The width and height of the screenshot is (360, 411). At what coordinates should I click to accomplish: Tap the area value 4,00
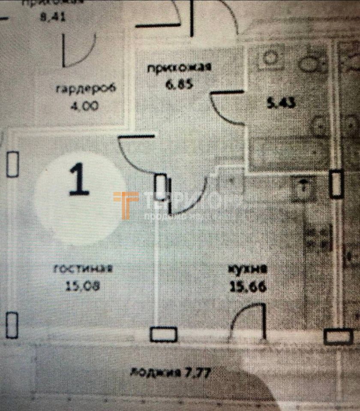click(x=84, y=105)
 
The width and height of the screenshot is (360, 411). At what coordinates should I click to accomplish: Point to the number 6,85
click(x=180, y=83)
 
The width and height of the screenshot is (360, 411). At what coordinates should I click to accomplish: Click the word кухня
click(x=247, y=270)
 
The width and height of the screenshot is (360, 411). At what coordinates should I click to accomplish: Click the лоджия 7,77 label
click(x=171, y=372)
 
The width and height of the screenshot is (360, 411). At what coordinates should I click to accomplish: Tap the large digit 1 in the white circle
click(x=79, y=180)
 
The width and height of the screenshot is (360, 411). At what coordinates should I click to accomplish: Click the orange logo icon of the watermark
click(x=126, y=205)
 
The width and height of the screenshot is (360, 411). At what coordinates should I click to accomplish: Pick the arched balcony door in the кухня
click(x=248, y=321)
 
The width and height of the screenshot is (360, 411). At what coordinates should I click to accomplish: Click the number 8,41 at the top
click(x=51, y=18)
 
